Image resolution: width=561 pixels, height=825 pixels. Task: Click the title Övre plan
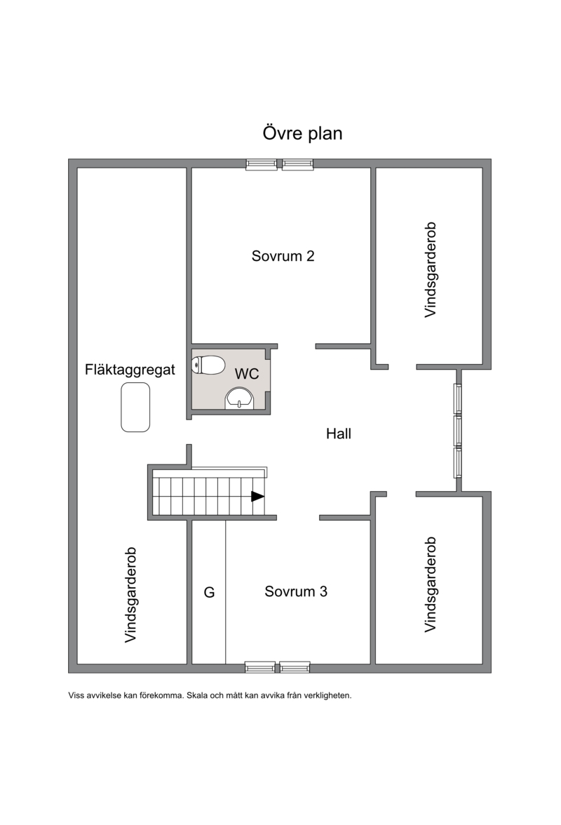pos(302,133)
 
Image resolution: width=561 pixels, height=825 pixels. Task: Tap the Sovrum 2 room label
pos(283,256)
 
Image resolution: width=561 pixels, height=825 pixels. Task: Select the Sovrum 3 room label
pos(296,591)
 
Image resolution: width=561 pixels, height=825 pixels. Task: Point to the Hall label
pos(339,434)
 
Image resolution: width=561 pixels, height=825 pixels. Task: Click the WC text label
pos(247,373)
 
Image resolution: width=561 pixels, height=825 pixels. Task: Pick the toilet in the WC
pos(208,365)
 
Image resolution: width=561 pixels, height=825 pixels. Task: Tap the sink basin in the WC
pos(240,398)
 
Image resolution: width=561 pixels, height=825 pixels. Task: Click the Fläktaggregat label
pos(130,369)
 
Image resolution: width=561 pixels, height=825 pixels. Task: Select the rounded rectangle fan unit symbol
pos(135,407)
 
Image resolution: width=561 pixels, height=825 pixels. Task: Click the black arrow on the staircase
pos(257,496)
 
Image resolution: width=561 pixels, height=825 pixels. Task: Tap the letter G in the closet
pos(209,592)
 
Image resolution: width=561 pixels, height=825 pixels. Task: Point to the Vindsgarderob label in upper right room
pos(430,270)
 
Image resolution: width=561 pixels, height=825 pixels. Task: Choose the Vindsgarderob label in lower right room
pos(430,584)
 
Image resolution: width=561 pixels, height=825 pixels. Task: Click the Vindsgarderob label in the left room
pos(130,595)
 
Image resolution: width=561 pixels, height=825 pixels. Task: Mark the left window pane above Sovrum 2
pos(262,164)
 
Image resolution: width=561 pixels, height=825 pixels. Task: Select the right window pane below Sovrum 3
pos(295,667)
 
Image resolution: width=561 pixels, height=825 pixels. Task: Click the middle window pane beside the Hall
pos(458,431)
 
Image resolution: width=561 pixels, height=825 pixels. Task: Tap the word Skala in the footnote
pos(197,696)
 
